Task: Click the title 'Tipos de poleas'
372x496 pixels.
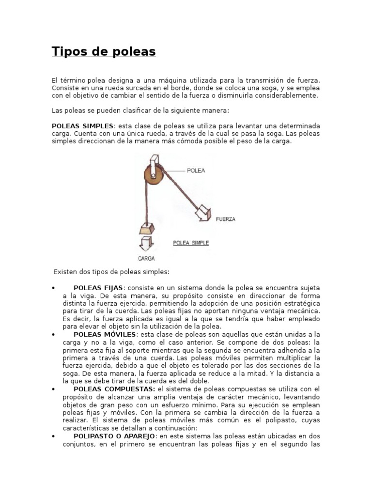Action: click(104, 52)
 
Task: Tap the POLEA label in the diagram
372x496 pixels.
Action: click(195, 170)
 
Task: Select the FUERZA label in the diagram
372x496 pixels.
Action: click(225, 219)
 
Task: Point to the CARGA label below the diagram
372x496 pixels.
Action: click(146, 258)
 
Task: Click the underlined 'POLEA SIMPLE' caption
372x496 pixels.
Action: click(191, 243)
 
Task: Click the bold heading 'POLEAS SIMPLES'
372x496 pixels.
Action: click(82, 126)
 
